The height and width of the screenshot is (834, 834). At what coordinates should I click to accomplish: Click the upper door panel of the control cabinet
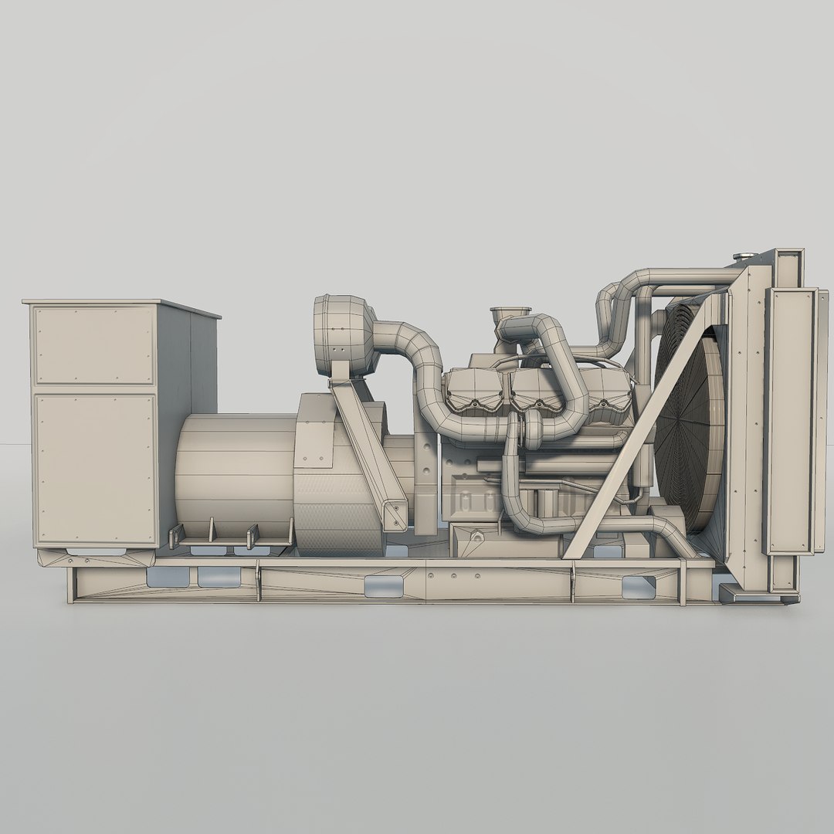point(93,344)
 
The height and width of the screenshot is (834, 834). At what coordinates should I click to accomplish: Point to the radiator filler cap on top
point(742,256)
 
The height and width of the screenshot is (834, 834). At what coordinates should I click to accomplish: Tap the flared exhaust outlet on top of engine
point(509,312)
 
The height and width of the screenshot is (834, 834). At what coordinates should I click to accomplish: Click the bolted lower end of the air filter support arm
point(396,510)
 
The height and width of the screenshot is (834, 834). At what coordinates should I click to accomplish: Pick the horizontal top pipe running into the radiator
point(680,275)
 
